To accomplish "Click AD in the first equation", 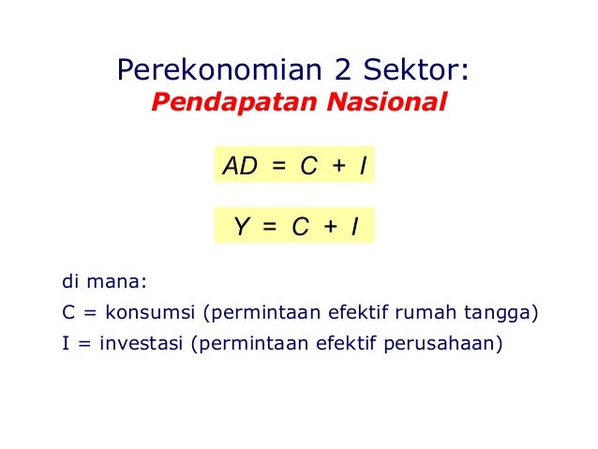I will [240, 167].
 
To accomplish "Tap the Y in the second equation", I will [242, 227].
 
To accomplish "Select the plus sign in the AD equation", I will [338, 167].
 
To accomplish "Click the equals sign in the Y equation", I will [271, 227].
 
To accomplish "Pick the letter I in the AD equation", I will [362, 167].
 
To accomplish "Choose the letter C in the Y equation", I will [300, 227].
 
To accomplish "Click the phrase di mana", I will [105, 280].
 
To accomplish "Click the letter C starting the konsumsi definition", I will [67, 312].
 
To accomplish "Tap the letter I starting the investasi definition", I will [65, 343].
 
